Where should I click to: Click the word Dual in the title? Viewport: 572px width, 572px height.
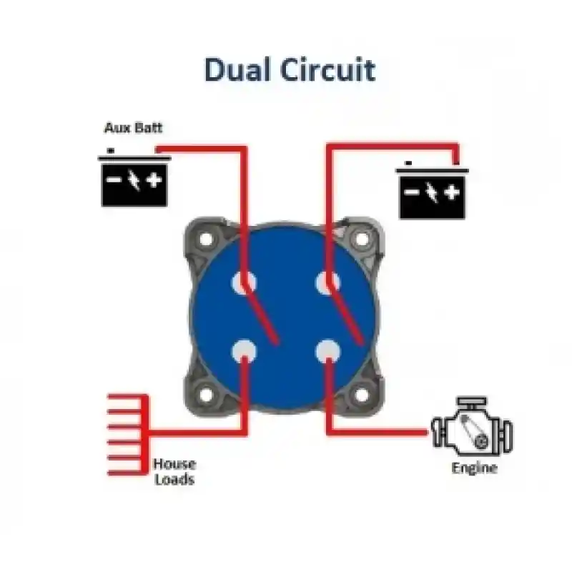[239, 70]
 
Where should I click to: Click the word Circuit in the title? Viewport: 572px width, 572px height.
[328, 70]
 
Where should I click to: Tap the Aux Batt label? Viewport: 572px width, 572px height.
[133, 128]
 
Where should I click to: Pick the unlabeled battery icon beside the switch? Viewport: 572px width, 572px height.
[433, 190]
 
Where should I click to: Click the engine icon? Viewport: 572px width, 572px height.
[472, 426]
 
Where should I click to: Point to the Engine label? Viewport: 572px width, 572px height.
[474, 468]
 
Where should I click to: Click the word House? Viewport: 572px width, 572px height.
[174, 464]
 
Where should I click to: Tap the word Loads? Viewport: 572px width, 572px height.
[174, 479]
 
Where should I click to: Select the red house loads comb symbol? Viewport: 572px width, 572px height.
[128, 435]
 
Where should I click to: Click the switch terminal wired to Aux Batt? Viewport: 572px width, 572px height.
[244, 282]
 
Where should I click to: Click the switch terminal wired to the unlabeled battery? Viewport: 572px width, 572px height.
[327, 282]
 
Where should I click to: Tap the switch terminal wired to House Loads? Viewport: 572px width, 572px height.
[244, 351]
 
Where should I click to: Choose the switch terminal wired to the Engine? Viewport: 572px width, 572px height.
[327, 351]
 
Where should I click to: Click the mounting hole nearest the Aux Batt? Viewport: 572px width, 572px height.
[206, 240]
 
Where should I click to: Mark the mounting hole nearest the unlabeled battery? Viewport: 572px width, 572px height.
[362, 240]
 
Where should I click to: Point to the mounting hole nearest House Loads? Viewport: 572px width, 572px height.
[206, 395]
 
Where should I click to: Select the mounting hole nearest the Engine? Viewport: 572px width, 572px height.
[362, 395]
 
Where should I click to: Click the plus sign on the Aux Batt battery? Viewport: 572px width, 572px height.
[154, 180]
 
